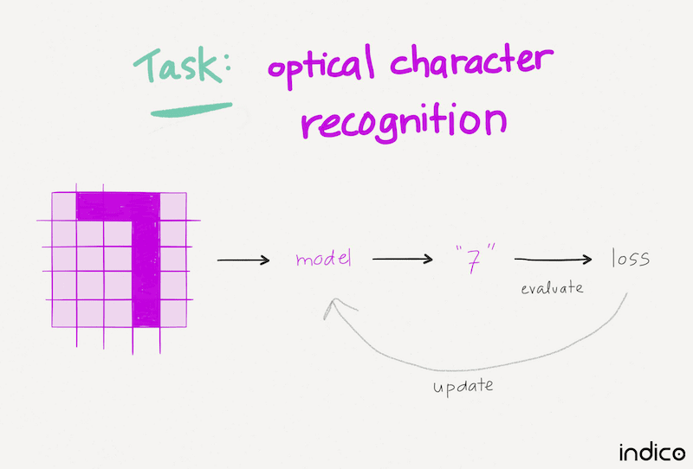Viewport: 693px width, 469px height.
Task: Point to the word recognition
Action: [403, 123]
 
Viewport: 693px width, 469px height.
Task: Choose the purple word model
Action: [323, 259]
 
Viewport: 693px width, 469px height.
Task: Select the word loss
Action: [630, 258]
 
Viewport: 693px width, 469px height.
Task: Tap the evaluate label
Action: [552, 287]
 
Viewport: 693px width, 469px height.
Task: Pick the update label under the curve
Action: [463, 386]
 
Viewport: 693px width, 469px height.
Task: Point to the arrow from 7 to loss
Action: [553, 259]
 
